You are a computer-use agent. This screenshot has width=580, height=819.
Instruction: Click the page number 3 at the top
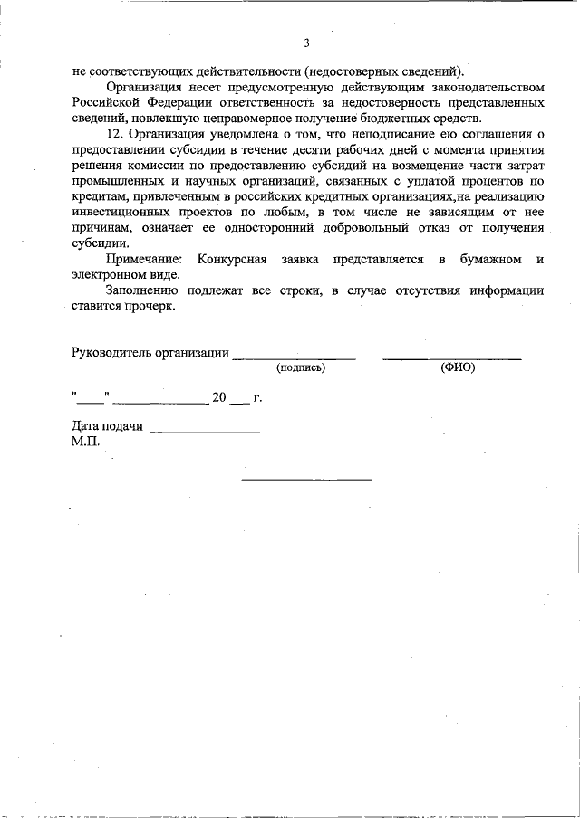(307, 43)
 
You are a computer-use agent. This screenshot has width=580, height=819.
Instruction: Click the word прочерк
(144, 306)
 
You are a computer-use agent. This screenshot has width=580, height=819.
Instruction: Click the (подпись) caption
(301, 368)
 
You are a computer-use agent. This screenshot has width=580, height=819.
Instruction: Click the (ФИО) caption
(458, 368)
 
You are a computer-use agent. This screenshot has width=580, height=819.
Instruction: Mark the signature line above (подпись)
(294, 359)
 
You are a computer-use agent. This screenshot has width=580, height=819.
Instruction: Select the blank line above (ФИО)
(451, 359)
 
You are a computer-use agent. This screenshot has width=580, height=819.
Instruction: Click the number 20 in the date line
(219, 397)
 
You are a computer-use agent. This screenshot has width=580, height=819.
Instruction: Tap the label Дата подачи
(107, 427)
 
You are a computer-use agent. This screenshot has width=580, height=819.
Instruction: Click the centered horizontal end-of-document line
(306, 479)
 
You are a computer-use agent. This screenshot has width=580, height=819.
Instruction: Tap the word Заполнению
(144, 290)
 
